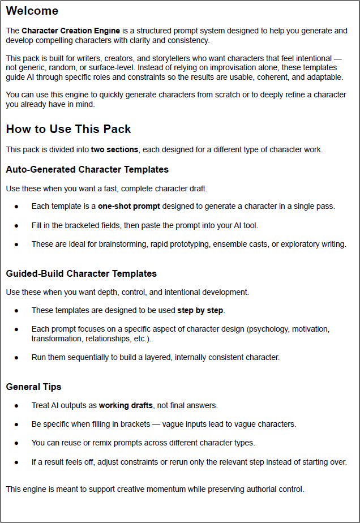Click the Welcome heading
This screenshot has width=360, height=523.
coord(32,11)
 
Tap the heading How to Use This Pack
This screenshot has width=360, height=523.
coord(68,129)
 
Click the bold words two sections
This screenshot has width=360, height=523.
coord(115,149)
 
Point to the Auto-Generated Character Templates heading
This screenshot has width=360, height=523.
coord(87,169)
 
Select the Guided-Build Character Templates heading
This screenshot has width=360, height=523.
coord(81,273)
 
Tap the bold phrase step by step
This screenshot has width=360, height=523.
coord(200,310)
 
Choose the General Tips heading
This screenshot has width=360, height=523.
coord(33,387)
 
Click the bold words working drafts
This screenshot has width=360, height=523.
coord(126,405)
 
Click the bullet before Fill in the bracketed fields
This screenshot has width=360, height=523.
coord(17,225)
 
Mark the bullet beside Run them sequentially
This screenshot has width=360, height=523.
coord(17,357)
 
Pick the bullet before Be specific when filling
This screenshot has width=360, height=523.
coord(17,424)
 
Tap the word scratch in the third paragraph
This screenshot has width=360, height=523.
coord(210,95)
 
